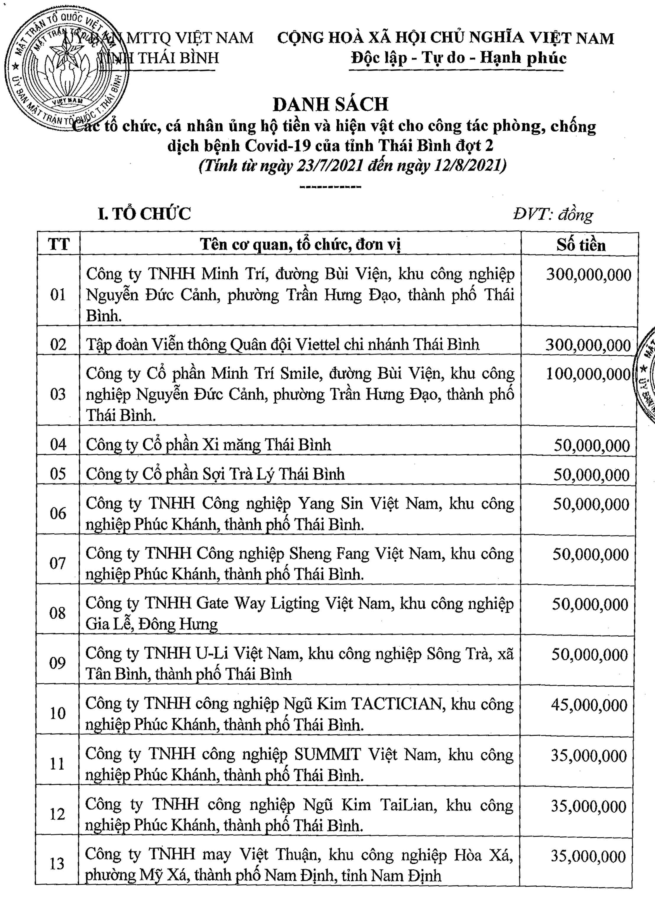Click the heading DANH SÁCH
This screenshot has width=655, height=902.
[330, 104]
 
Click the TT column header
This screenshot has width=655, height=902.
[59, 244]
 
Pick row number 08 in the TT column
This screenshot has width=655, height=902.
[58, 613]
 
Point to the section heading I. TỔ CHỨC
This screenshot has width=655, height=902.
[145, 214]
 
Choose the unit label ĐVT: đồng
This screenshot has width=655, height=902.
[553, 215]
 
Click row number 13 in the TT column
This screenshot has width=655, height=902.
[57, 863]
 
